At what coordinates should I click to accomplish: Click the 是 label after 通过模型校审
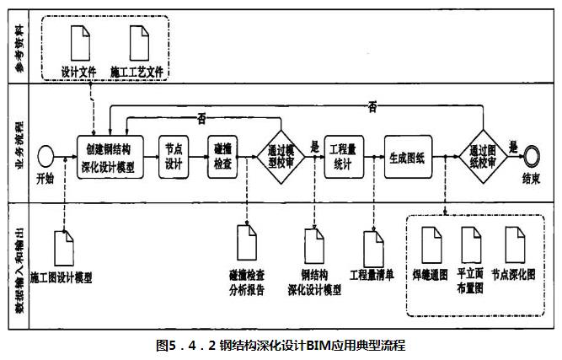point(314,147)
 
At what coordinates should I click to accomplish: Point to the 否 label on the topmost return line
point(372,107)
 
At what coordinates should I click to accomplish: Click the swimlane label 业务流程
point(19,145)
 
